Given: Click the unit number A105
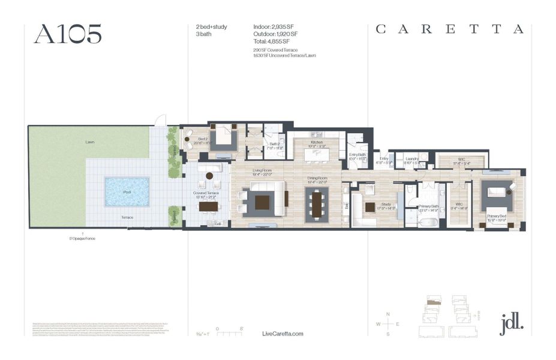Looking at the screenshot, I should [x=67, y=34].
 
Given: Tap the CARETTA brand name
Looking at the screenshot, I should [x=450, y=29].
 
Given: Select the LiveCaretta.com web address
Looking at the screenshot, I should [x=283, y=334].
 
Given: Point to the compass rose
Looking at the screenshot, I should [x=388, y=324].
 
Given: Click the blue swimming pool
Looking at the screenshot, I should [x=127, y=191].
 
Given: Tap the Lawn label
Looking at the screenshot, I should [x=89, y=142].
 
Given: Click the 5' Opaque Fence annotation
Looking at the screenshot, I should [x=83, y=238].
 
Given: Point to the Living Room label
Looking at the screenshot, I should [x=262, y=170].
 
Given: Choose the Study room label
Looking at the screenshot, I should [x=386, y=204].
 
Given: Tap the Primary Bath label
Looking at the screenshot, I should [x=429, y=206].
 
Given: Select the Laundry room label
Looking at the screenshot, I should [x=411, y=158].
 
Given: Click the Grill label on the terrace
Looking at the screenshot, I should [x=217, y=224].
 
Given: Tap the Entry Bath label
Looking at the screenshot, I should [x=357, y=155].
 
